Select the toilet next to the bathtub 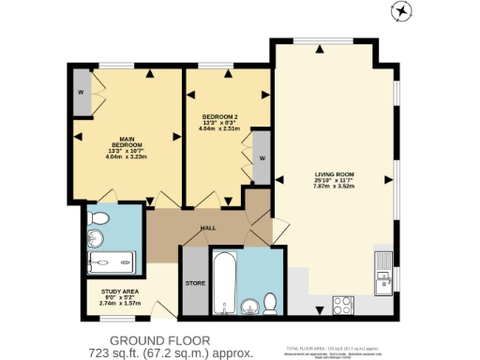tap(270, 303)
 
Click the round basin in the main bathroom tap(248, 306)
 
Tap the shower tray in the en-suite tap(112, 260)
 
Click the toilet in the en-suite tap(97, 221)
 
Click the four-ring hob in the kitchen tap(342, 304)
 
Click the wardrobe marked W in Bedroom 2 tap(261, 157)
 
